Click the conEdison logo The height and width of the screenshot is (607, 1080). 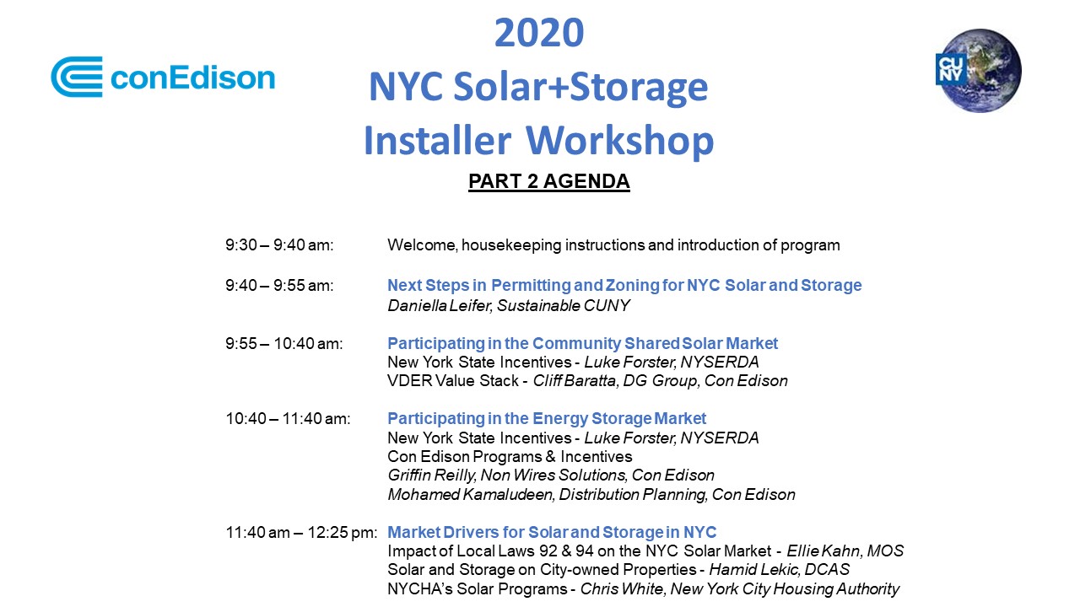(163, 77)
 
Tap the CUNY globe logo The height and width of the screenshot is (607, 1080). (979, 71)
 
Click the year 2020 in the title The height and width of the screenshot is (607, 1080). (539, 33)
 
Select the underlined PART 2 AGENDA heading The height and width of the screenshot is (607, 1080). (549, 181)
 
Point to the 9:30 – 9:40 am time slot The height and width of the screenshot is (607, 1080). (279, 245)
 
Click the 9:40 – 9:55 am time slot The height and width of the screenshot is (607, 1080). (279, 286)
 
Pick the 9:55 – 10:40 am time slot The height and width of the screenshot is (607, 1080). (284, 344)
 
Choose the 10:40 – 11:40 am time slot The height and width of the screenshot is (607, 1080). (288, 419)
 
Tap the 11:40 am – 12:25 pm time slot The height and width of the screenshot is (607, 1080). (301, 533)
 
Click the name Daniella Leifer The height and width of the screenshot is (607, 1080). (440, 305)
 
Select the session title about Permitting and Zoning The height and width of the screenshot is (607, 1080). (624, 286)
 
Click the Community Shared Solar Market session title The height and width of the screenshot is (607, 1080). (582, 344)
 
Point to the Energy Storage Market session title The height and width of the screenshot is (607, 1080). (547, 419)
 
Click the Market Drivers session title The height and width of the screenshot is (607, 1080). (552, 532)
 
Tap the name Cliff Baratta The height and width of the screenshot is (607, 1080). (575, 381)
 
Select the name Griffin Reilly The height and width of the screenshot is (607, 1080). (431, 475)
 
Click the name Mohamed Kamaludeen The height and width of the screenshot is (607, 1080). (470, 495)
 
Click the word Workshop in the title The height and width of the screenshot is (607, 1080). (619, 141)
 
